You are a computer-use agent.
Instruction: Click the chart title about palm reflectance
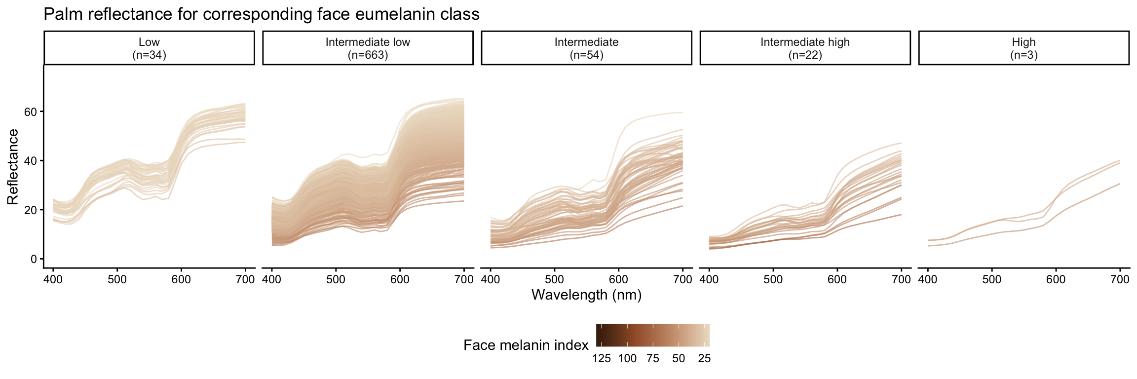pyautogui.click(x=262, y=14)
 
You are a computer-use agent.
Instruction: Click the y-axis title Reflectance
pyautogui.click(x=13, y=166)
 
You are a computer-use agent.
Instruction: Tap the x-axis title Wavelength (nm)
pyautogui.click(x=586, y=295)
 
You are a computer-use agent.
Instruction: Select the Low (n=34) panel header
pyautogui.click(x=149, y=48)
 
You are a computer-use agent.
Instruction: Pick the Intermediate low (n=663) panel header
pyautogui.click(x=368, y=48)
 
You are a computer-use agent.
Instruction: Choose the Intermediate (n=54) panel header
pyautogui.click(x=586, y=48)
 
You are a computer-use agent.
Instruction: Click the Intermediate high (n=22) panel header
pyautogui.click(x=805, y=48)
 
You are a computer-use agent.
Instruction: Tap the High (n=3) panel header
pyautogui.click(x=1023, y=48)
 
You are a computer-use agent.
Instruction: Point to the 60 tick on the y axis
pyautogui.click(x=31, y=112)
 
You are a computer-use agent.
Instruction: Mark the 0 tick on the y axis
pyautogui.click(x=34, y=259)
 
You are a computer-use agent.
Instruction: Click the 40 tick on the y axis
pyautogui.click(x=31, y=161)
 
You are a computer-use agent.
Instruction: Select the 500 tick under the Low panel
pyautogui.click(x=117, y=279)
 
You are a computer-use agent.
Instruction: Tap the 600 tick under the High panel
pyautogui.click(x=1056, y=279)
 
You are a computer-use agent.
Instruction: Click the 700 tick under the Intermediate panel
pyautogui.click(x=682, y=279)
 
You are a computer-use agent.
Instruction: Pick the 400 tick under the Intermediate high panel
pyautogui.click(x=709, y=279)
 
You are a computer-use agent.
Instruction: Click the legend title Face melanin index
pyautogui.click(x=526, y=345)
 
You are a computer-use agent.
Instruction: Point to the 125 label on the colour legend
pyautogui.click(x=602, y=359)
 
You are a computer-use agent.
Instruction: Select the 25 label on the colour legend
pyautogui.click(x=704, y=359)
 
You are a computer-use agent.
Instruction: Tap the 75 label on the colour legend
pyautogui.click(x=653, y=359)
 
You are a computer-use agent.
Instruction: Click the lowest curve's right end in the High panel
pyautogui.click(x=1120, y=184)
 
